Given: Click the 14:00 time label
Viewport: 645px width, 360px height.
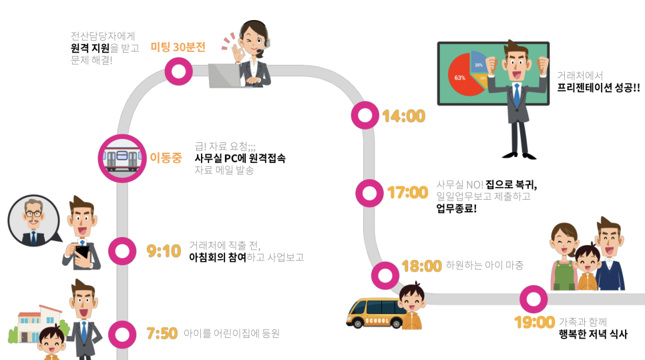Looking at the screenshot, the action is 403,116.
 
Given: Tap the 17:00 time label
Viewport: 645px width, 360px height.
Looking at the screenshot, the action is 407,193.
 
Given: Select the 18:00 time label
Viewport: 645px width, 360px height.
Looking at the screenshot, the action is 421,266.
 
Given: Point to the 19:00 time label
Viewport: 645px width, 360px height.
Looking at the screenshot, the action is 534,323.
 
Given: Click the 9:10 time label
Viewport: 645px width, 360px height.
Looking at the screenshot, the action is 164,251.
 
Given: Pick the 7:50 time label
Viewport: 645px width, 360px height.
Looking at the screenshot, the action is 163,333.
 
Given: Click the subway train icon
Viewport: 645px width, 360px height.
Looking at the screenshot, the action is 122,158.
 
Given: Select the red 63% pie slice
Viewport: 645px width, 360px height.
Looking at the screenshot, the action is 461,77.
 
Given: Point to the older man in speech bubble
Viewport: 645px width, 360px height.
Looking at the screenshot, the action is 31,220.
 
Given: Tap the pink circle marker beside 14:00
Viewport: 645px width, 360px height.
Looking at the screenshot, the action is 365,115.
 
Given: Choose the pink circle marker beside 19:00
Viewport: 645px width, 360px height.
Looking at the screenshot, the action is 533,299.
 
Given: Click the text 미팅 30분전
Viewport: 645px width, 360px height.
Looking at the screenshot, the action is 178,47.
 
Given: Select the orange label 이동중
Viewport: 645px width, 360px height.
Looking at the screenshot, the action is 166,158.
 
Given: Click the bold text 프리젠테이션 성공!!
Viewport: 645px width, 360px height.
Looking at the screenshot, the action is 598,87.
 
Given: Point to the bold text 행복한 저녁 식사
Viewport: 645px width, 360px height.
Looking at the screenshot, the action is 593,335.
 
